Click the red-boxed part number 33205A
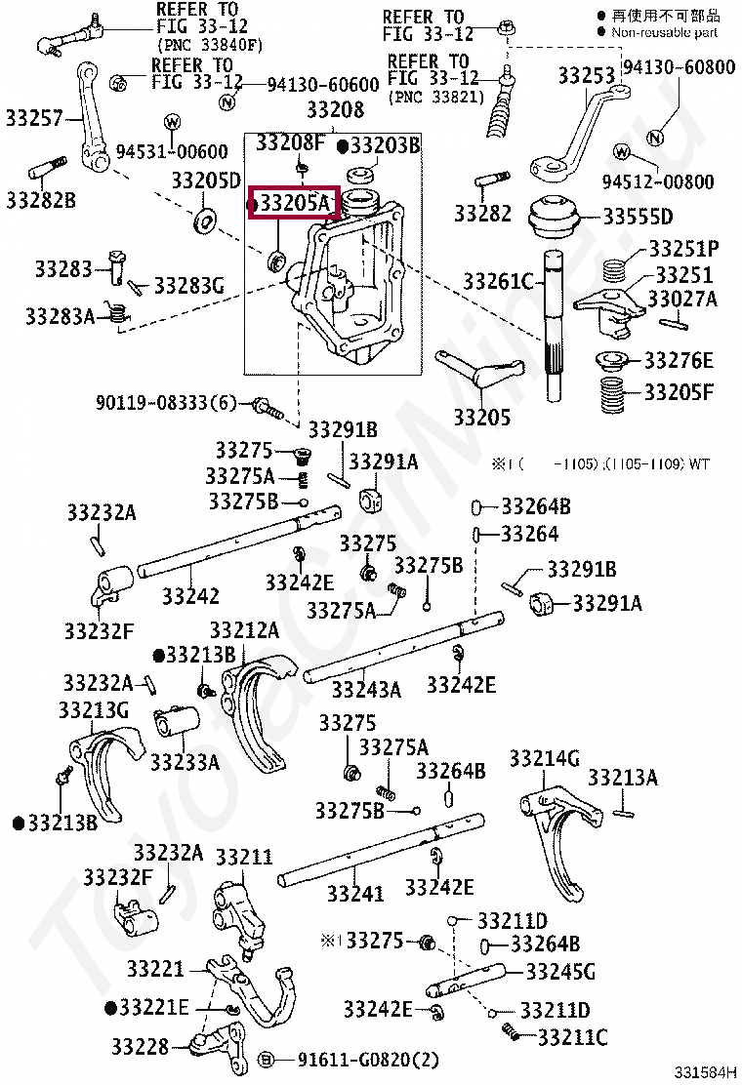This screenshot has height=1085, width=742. pos(295,203)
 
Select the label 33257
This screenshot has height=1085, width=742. pos(33,119)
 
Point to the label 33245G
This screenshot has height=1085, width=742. pos(560,971)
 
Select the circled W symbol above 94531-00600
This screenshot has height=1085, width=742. pos(172,122)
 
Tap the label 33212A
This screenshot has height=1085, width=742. pos(244,629)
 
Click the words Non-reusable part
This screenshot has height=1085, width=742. pos(664,32)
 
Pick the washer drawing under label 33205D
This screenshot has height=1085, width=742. pos(205,219)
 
